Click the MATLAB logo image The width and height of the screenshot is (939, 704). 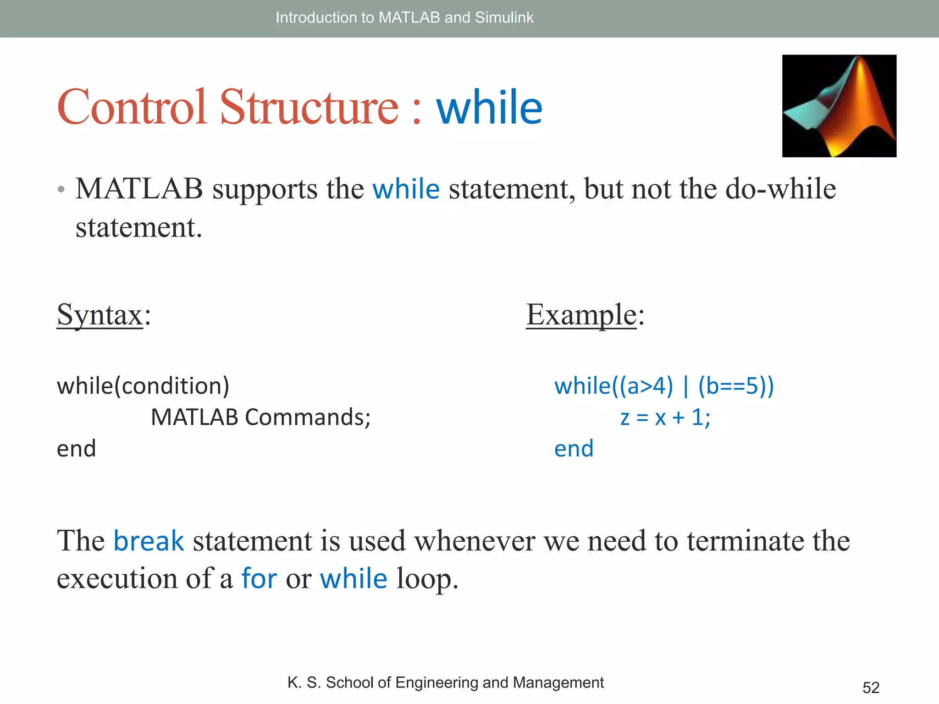839,106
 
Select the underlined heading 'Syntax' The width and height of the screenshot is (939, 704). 100,315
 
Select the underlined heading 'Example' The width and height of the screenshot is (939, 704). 581,315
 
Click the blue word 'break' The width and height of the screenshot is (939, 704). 149,541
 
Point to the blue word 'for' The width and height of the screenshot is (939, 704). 259,578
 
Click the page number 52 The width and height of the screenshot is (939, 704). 871,687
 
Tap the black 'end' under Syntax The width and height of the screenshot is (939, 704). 76,448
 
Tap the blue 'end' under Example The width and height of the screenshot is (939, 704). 574,448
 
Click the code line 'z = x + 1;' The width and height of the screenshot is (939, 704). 665,418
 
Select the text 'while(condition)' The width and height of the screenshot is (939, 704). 143,386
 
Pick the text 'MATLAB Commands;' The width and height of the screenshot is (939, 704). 260,418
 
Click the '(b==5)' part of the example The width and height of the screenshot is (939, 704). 735,386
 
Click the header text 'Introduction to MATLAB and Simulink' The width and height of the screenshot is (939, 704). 404,17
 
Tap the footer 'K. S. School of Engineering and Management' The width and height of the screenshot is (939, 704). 445,682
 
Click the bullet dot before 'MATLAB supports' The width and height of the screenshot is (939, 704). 61,189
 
